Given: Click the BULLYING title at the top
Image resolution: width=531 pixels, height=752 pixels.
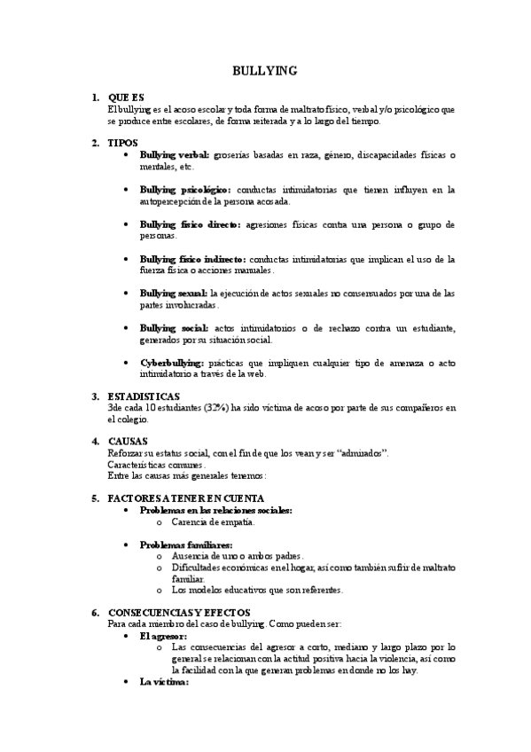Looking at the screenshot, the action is [265, 70].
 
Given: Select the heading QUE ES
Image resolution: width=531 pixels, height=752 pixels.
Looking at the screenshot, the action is [125, 97].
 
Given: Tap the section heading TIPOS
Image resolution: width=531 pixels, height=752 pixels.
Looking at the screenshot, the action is [122, 142].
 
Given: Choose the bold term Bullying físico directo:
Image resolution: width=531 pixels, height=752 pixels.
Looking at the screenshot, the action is [190, 224].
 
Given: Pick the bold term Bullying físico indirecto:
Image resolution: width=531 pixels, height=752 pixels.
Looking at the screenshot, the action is [193, 259].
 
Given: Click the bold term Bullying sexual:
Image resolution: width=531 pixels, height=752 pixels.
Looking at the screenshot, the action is [174, 293].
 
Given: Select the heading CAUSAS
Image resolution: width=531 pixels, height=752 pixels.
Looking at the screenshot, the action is [127, 441].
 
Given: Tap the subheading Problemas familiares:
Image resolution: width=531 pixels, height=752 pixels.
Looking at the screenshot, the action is [186, 544].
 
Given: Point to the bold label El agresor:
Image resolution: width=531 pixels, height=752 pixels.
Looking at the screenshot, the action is [163, 636].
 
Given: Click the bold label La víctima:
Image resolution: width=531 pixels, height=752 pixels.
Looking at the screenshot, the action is [164, 682].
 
